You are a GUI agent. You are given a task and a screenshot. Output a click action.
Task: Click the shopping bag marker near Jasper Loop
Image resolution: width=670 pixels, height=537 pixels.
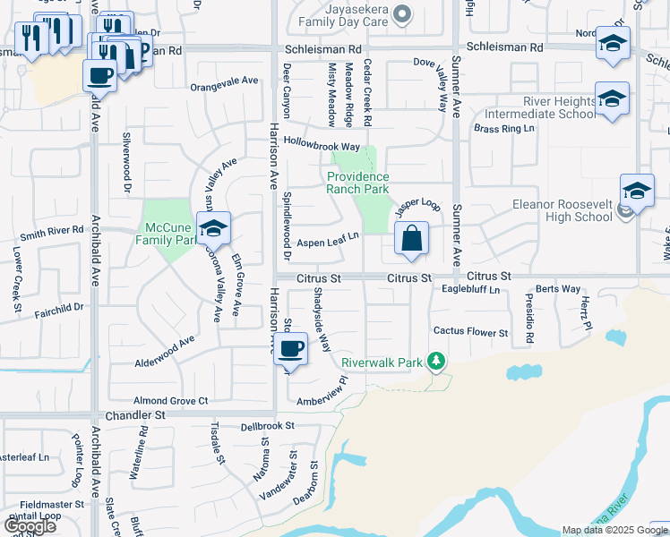411,239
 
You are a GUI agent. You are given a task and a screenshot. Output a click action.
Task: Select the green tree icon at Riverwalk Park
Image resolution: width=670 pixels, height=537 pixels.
436,361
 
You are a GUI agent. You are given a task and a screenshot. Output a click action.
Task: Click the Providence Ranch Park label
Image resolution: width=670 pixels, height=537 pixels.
358,183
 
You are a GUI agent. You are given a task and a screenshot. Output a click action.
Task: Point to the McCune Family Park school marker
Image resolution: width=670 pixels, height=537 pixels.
214,230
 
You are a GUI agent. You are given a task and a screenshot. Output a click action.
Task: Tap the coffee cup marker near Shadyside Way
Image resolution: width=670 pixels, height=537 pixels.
290,348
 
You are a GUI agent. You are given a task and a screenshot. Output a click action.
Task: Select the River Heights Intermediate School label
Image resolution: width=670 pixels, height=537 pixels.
539,107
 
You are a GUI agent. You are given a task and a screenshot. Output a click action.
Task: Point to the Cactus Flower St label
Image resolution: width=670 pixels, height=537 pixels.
470,332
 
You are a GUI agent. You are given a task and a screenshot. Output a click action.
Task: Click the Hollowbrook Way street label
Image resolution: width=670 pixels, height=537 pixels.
322,144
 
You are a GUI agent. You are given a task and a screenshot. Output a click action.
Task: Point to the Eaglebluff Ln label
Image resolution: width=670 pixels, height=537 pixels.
470,290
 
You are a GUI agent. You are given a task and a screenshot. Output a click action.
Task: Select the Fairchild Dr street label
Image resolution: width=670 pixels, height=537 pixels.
60,307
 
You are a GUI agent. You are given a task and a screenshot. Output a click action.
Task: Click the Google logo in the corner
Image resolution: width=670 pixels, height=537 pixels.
30,526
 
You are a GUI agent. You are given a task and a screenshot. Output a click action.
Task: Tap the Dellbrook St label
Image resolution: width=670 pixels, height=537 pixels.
268,426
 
